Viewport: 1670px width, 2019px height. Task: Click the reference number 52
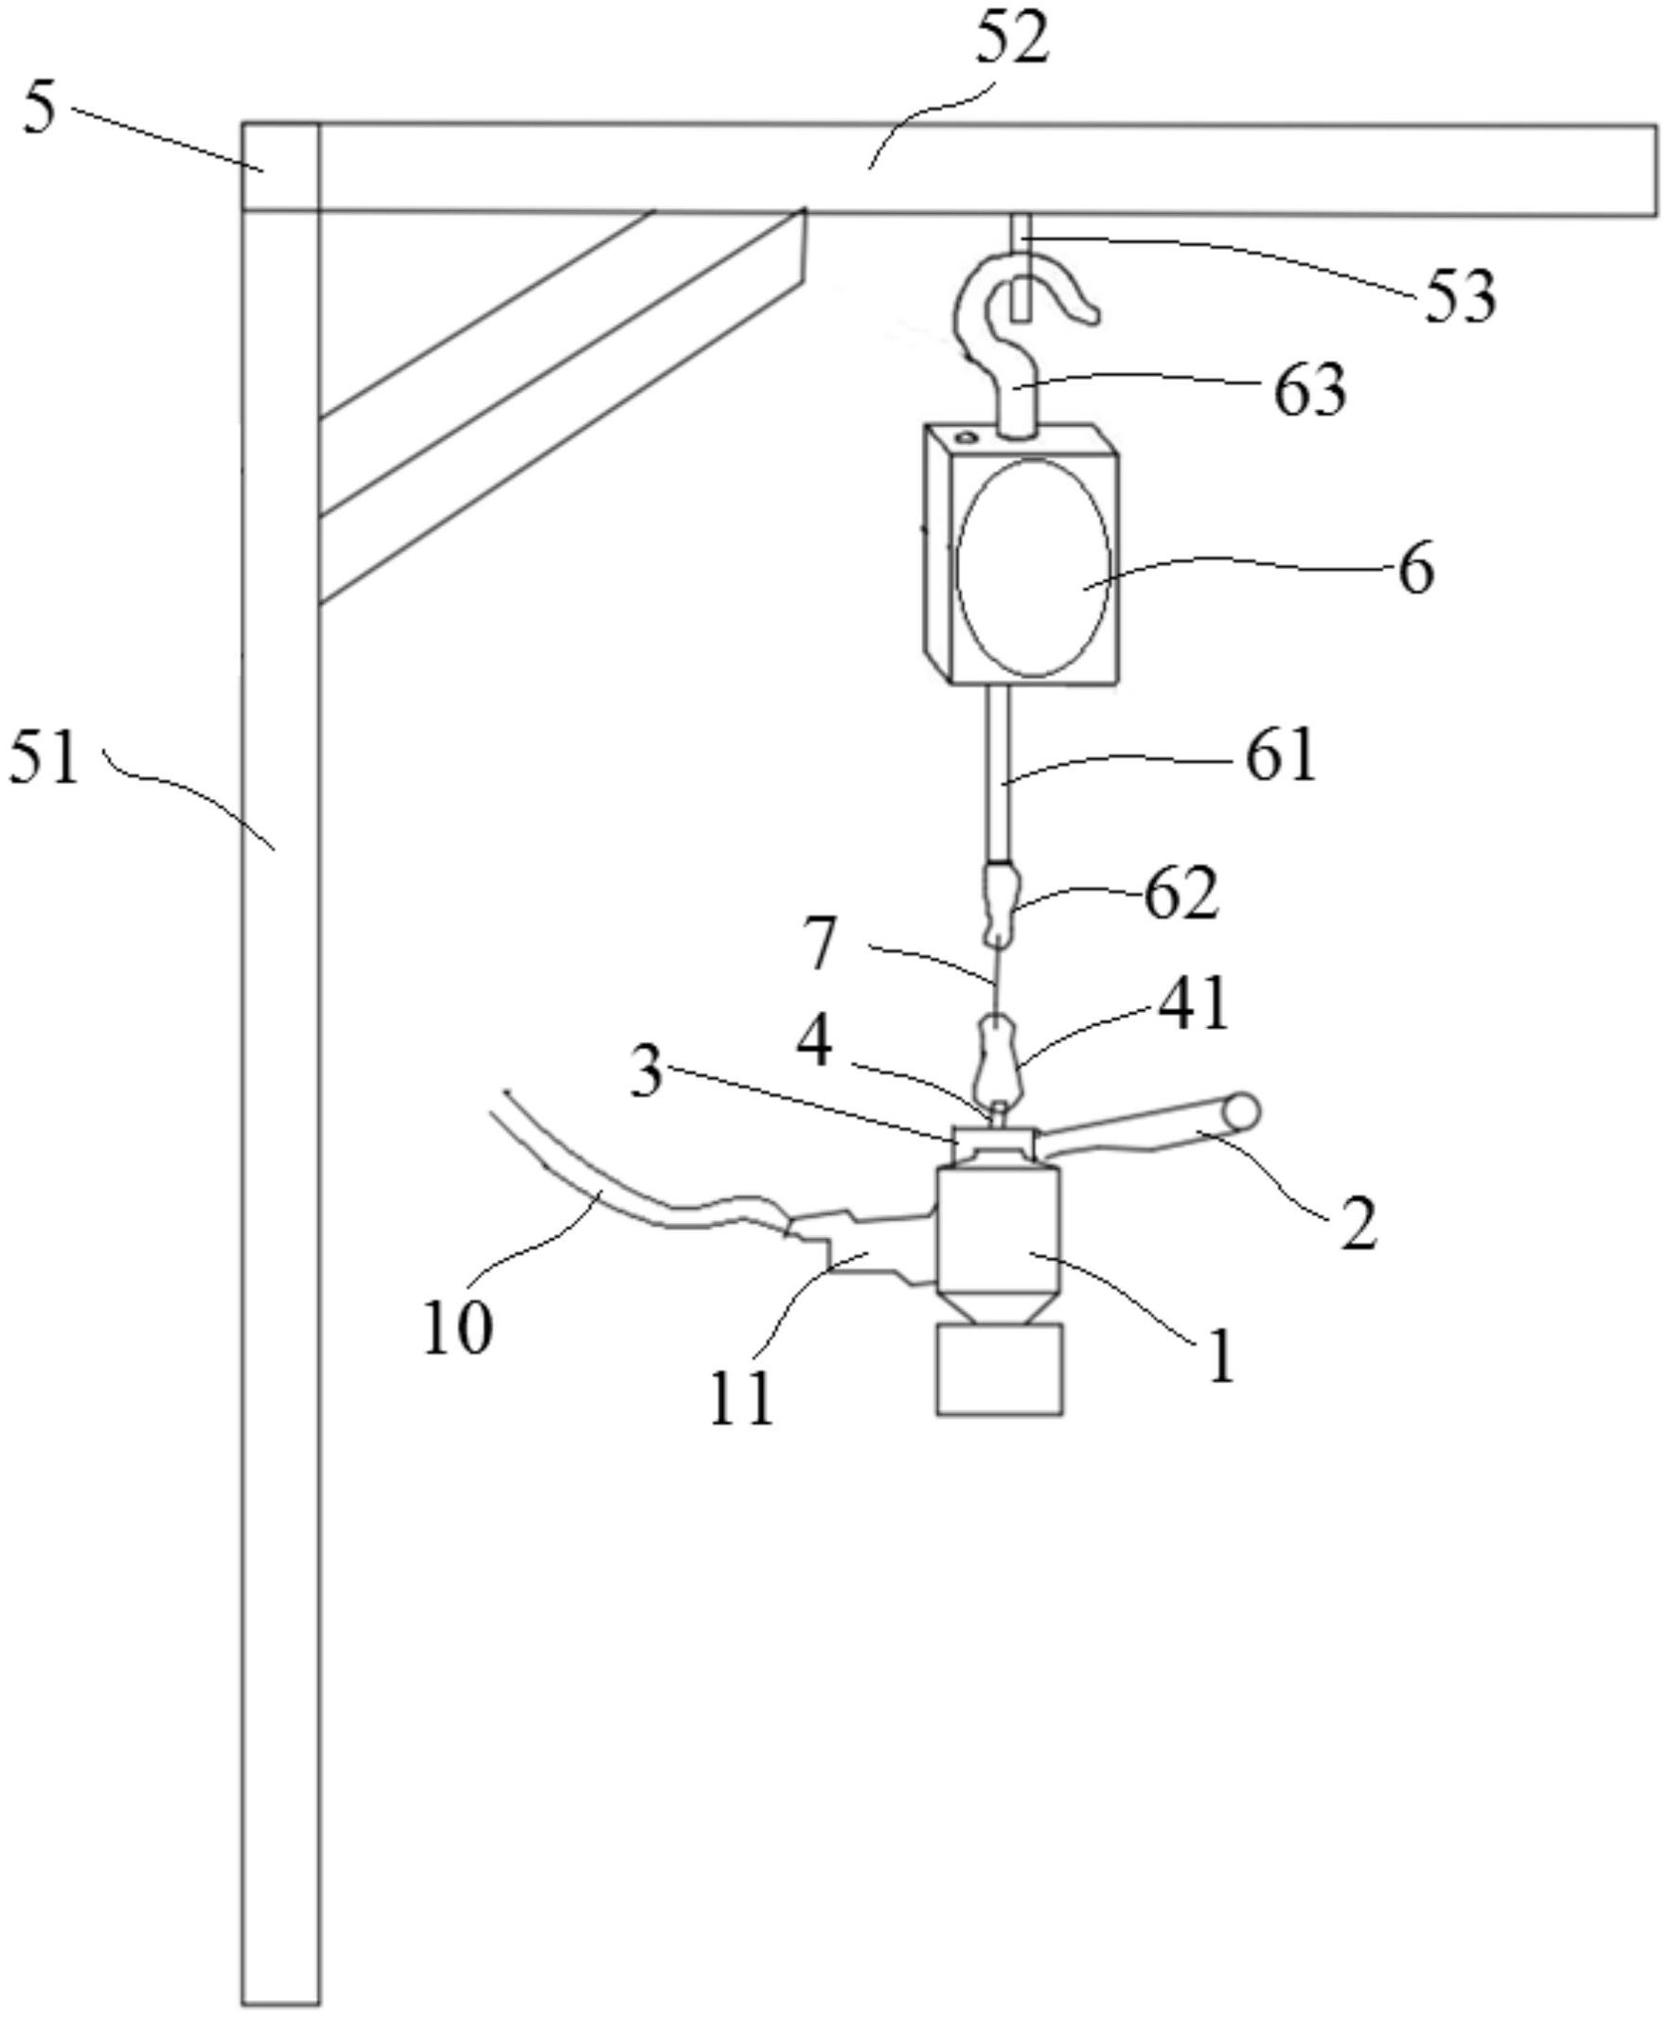(x=1010, y=42)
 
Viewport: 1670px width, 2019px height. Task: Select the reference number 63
(x=1309, y=390)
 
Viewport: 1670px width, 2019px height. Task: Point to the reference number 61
(x=1281, y=755)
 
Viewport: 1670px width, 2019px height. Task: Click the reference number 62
(x=1181, y=894)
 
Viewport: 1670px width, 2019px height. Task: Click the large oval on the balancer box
(x=1033, y=566)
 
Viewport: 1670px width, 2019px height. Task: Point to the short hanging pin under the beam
(x=1022, y=266)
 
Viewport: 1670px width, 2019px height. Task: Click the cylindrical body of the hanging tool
(x=999, y=1231)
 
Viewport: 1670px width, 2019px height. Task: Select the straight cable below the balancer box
(x=999, y=773)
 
